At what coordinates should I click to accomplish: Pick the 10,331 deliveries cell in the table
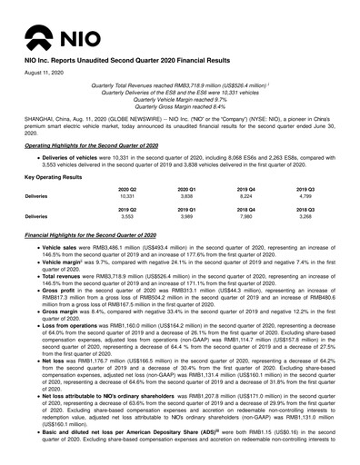(127, 195)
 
